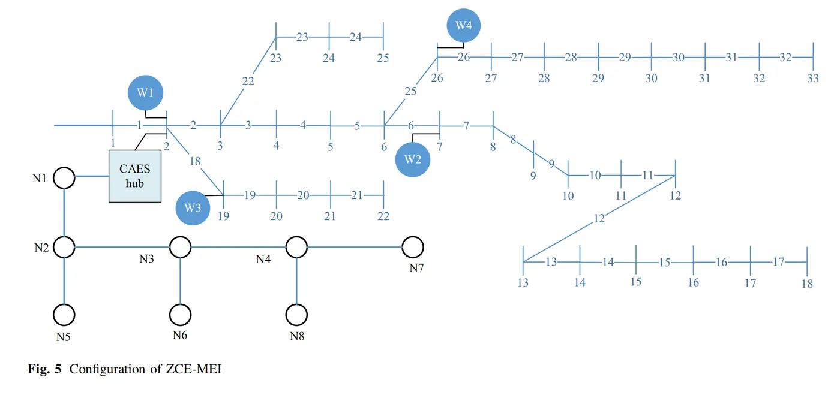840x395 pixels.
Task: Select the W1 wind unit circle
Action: (145, 93)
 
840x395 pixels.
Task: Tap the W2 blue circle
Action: (413, 159)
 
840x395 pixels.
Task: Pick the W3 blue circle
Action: (193, 208)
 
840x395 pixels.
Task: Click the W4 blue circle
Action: (464, 26)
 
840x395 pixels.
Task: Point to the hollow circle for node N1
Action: (64, 177)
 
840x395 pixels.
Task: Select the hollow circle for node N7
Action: (413, 246)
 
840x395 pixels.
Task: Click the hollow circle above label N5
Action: (64, 314)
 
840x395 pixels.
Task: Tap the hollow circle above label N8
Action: (296, 314)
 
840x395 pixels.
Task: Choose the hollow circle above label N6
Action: (180, 314)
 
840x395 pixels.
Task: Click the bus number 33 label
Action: (813, 79)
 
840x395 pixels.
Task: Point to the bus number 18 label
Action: (807, 284)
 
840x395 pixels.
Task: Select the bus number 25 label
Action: (383, 58)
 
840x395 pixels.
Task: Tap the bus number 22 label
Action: (383, 216)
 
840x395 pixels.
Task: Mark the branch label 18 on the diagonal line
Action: (194, 160)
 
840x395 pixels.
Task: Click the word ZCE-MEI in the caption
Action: (194, 369)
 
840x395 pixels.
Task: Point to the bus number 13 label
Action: (523, 282)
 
